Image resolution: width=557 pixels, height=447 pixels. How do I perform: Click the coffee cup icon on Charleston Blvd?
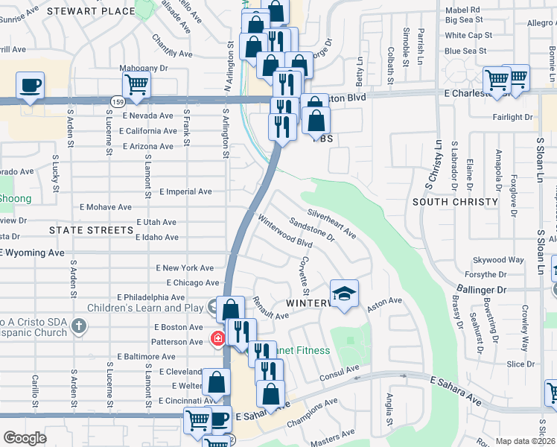click(30, 85)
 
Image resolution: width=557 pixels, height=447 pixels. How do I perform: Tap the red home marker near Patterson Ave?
click(217, 340)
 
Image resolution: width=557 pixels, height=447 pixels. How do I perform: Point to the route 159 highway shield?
click(118, 100)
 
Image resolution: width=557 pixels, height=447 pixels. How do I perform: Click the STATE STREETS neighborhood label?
click(91, 231)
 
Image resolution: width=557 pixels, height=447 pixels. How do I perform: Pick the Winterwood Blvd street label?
click(285, 232)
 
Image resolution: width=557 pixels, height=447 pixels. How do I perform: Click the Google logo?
click(25, 438)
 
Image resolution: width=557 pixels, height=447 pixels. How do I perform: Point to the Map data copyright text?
click(526, 441)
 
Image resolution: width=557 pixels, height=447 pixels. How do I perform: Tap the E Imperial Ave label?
click(185, 191)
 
